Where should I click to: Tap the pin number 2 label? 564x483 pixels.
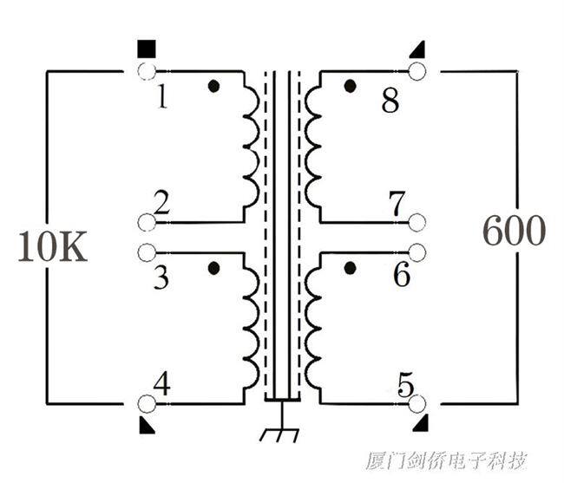coord(161,203)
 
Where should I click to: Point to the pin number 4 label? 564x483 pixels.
coord(161,382)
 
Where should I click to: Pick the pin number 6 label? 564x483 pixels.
coord(401,276)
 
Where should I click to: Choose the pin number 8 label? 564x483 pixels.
coord(390,101)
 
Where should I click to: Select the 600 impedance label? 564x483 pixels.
coord(514,232)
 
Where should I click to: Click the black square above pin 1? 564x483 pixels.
coord(146,48)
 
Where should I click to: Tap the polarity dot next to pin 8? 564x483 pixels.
coord(350,86)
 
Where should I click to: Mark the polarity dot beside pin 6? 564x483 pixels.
coord(350,268)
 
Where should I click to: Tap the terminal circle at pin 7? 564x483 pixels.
coord(417,223)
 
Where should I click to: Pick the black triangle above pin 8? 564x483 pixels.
coord(417,49)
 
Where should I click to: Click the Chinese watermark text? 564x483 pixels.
coord(446,460)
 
